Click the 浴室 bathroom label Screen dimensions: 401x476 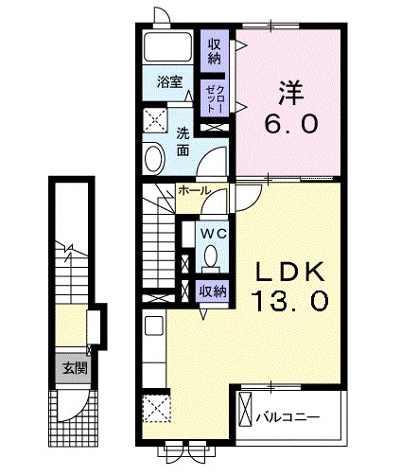pos(169,82)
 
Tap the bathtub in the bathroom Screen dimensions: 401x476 pos(168,46)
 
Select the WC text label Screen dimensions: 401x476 pos(214,234)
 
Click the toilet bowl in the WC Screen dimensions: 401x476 pos(211,256)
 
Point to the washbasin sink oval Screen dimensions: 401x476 pos(155,158)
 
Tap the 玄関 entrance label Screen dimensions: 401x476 pos(75,368)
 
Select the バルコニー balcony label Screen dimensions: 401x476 pos(288,418)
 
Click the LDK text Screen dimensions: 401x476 pos(290,273)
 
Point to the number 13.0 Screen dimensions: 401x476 pos(290,301)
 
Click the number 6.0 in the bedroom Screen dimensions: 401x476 pos(290,124)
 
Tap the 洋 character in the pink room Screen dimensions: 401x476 pos(291,93)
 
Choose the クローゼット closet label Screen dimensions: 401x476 pos(215,98)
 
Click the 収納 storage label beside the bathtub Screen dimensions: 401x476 pos(214,51)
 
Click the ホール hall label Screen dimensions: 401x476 pos(194,190)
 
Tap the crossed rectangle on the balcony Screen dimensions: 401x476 pos(246,410)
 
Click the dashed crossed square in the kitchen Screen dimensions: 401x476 pos(157,408)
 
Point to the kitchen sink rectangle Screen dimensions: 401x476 pos(153,326)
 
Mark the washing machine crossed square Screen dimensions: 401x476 pos(155,120)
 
